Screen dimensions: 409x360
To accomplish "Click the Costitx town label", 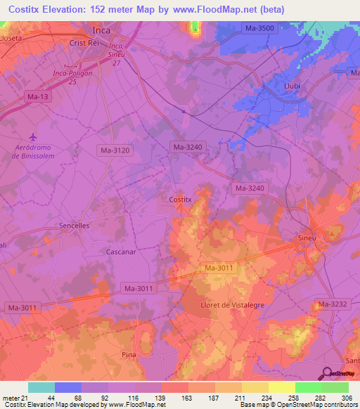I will click(x=181, y=200).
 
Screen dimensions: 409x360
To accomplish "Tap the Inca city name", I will click(x=103, y=30).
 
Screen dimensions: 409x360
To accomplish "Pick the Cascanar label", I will click(x=120, y=250).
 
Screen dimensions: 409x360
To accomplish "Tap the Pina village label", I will click(x=129, y=354).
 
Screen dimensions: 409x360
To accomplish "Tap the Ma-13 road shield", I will click(x=35, y=96).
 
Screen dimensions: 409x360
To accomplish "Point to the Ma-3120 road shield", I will click(x=113, y=150).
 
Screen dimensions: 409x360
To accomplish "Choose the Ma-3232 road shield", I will click(x=331, y=304).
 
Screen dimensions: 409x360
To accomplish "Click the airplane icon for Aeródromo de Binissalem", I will click(x=31, y=136).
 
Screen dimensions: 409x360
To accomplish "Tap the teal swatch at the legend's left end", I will click(x=41, y=387).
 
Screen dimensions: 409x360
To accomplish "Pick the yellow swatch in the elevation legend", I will click(x=281, y=387).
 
